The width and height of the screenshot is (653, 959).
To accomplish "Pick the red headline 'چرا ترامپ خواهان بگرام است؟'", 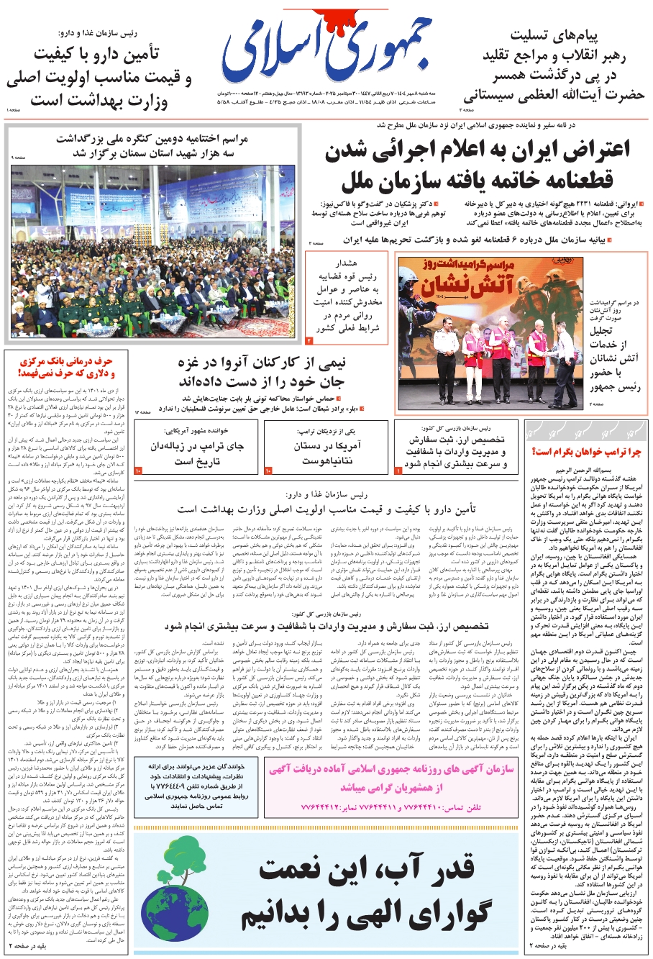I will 585,452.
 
